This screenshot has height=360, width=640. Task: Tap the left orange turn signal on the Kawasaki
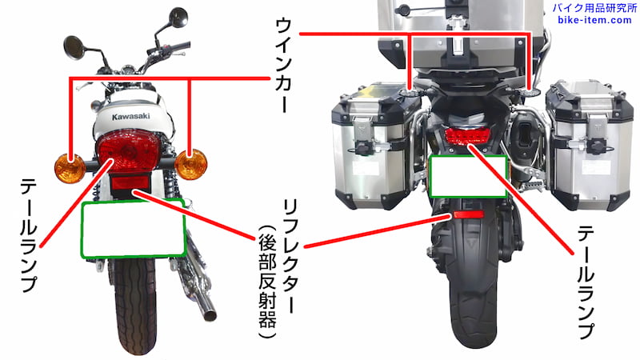point(70,169)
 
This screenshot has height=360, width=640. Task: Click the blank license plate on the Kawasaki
point(133,229)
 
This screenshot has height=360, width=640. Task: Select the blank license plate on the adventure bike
point(469,176)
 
